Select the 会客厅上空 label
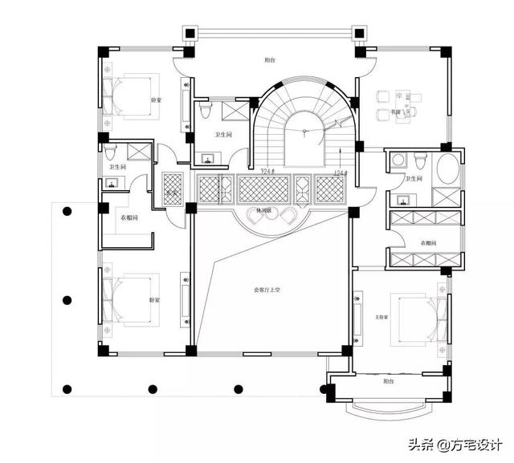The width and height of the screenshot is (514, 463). (266, 290)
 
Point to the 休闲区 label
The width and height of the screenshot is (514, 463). (263, 210)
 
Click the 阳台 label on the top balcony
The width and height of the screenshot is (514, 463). (271, 60)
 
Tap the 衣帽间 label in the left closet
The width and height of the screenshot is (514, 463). (129, 217)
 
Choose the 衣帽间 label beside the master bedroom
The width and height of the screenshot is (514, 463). (427, 242)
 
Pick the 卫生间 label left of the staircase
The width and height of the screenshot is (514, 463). (223, 135)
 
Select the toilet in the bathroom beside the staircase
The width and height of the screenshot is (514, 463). (205, 108)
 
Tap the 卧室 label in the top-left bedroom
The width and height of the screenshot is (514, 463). (155, 100)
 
